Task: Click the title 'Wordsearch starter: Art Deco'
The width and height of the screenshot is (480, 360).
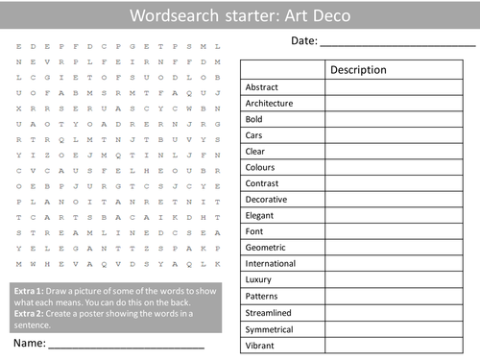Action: pos(240,15)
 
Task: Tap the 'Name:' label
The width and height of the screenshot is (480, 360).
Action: pos(28,341)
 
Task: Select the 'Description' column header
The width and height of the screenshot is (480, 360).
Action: pos(358,70)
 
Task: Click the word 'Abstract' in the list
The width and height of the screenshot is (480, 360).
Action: pos(261,86)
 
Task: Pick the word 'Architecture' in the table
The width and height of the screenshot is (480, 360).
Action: pos(269,103)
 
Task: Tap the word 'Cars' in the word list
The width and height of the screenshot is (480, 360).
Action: pos(254,135)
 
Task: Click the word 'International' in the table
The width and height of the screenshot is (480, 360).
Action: pos(272,264)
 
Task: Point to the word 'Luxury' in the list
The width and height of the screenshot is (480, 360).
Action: pos(259,280)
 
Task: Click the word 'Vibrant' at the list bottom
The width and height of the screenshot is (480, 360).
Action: pos(259,345)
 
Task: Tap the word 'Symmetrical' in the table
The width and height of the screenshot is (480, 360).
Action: pos(271,328)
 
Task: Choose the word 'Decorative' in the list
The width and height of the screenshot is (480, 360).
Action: pos(266,200)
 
